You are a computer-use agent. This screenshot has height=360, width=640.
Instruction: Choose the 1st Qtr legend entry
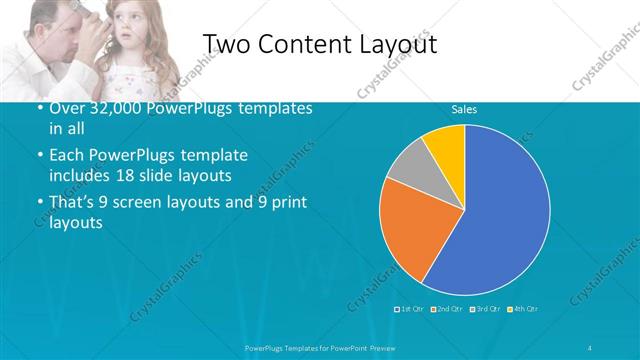[411, 309]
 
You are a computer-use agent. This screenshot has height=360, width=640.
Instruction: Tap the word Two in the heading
[228, 44]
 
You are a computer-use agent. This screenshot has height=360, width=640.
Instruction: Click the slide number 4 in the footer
[590, 347]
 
